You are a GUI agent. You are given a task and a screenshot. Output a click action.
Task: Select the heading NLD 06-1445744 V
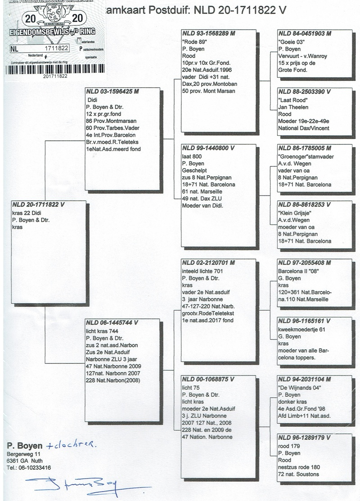pos(112,322)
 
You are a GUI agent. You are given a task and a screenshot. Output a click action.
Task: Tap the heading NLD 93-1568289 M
pos(209,33)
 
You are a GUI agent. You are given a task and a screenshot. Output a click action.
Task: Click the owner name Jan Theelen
pos(294,106)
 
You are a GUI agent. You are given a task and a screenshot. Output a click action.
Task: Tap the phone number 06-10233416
pos(34,468)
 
